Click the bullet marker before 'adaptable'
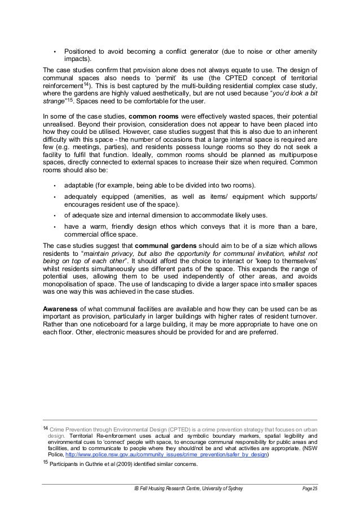[x=54, y=186]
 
